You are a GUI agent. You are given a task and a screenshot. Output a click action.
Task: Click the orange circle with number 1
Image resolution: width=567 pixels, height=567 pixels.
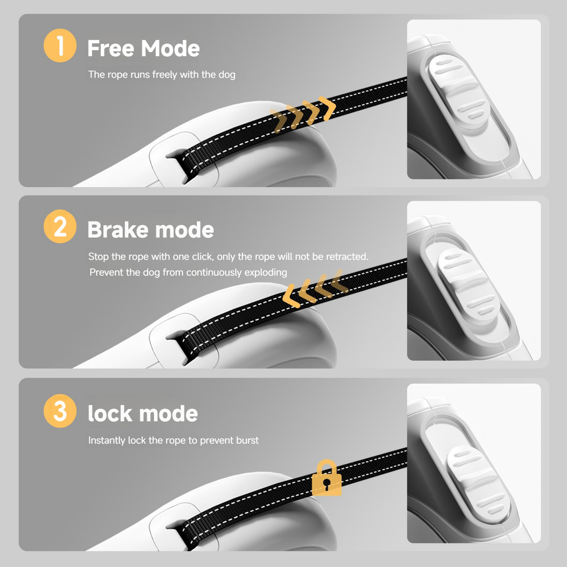point(60,46)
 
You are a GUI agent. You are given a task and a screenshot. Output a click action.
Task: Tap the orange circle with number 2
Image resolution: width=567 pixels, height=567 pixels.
point(60,226)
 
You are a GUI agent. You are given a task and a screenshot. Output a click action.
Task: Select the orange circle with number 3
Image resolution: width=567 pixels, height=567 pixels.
point(60,411)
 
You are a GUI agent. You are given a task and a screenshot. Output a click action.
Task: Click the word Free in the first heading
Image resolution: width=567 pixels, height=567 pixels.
point(111,49)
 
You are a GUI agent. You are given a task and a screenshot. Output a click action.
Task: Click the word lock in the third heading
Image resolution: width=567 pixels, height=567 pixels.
point(110,414)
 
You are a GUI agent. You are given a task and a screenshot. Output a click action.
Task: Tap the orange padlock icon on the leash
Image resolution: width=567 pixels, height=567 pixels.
point(326,478)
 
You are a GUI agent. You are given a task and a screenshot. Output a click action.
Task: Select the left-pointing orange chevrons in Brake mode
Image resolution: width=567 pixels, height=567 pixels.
point(314,288)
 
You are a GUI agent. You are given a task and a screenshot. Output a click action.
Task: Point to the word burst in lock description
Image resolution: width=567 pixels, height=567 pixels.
point(247,440)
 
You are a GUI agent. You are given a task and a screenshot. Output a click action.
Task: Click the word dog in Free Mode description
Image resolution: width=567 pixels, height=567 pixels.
point(227,75)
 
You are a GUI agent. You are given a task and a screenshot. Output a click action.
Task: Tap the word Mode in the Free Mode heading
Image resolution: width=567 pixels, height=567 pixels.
point(170,49)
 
